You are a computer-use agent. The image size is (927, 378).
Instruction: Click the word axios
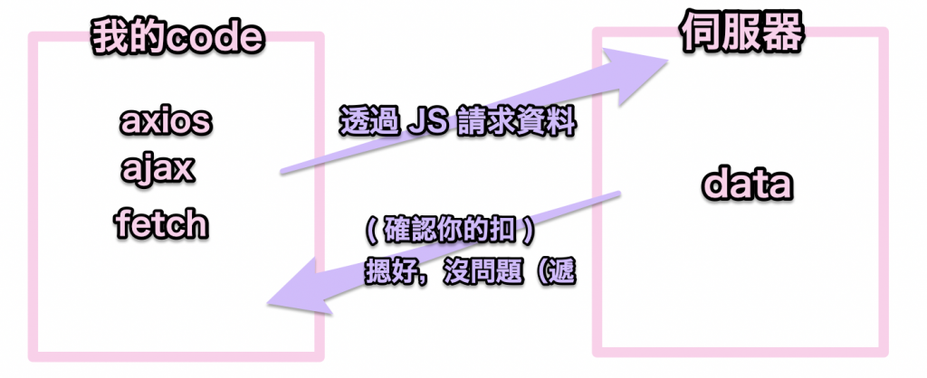coord(165,120)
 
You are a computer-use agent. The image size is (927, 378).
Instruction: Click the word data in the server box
coord(748,186)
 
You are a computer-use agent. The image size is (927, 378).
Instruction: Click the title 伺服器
coord(741,34)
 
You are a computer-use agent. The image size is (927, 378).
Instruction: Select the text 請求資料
coord(517,122)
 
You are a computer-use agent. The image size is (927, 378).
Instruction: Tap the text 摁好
coord(395,271)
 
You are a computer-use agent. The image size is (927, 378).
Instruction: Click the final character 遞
coord(560,271)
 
